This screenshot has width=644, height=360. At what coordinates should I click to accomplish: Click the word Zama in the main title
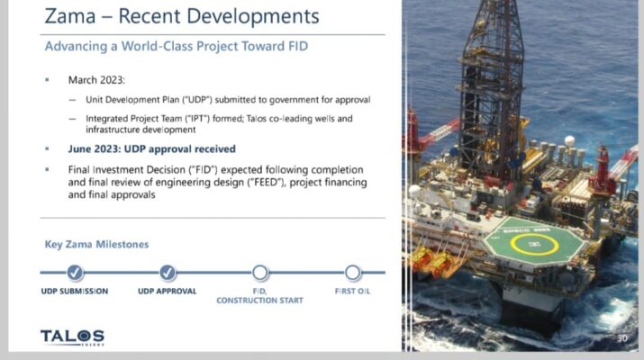pos(70,17)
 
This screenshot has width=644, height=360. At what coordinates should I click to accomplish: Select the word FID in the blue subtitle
pos(298,46)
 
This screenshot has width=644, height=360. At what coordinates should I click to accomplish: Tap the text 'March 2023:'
pos(96,79)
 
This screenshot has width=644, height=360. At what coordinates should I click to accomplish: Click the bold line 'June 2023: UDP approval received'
pos(152,149)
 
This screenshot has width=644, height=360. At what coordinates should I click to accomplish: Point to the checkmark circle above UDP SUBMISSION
pos(75,272)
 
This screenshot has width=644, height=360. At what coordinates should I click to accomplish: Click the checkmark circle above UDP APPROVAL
pos(168,272)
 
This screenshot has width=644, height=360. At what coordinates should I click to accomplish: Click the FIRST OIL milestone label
pos(352,291)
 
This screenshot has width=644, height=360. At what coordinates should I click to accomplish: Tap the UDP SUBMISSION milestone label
pos(75,291)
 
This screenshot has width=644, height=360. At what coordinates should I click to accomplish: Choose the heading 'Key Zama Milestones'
pos(96,244)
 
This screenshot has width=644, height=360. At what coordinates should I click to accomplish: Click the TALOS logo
pos(72,337)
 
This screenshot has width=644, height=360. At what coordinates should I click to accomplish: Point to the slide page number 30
pos(622,338)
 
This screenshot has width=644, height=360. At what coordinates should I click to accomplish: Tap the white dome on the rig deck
pos(569,140)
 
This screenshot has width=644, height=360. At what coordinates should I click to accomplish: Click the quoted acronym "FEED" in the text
pos(266,183)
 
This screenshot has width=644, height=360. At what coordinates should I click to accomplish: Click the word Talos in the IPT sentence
pos(257,119)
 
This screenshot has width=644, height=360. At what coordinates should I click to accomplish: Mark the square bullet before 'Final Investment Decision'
pos(47,169)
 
